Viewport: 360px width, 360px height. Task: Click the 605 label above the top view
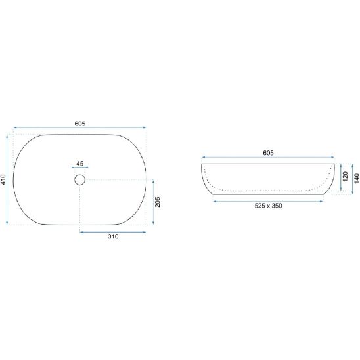coord(80,124)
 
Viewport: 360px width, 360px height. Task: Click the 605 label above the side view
coord(268,153)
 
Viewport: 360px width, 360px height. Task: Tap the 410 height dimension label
coord(3,179)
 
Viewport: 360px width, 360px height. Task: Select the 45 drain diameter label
coord(79,164)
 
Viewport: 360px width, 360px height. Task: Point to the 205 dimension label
coord(158,202)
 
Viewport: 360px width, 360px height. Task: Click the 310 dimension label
coord(113,236)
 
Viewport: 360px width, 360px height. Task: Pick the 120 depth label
coord(346,176)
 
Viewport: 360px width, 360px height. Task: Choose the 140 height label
coord(357,179)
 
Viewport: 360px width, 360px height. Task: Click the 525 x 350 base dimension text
coord(268,206)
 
